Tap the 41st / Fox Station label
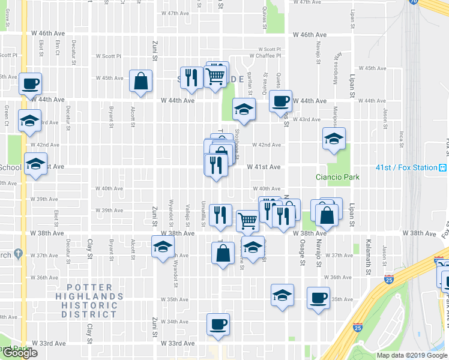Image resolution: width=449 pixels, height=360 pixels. click(x=406, y=167)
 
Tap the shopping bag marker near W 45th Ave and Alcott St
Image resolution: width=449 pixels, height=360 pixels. click(x=140, y=82)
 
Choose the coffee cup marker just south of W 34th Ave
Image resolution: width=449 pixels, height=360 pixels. click(x=218, y=325)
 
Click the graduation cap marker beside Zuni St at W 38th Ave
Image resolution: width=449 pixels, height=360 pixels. click(x=163, y=247)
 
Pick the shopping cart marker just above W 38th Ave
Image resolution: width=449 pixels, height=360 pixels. click(x=247, y=221)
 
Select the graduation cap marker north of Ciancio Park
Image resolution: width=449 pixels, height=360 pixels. click(x=334, y=139)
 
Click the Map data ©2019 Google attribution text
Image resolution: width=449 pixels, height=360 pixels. click(x=412, y=355)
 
